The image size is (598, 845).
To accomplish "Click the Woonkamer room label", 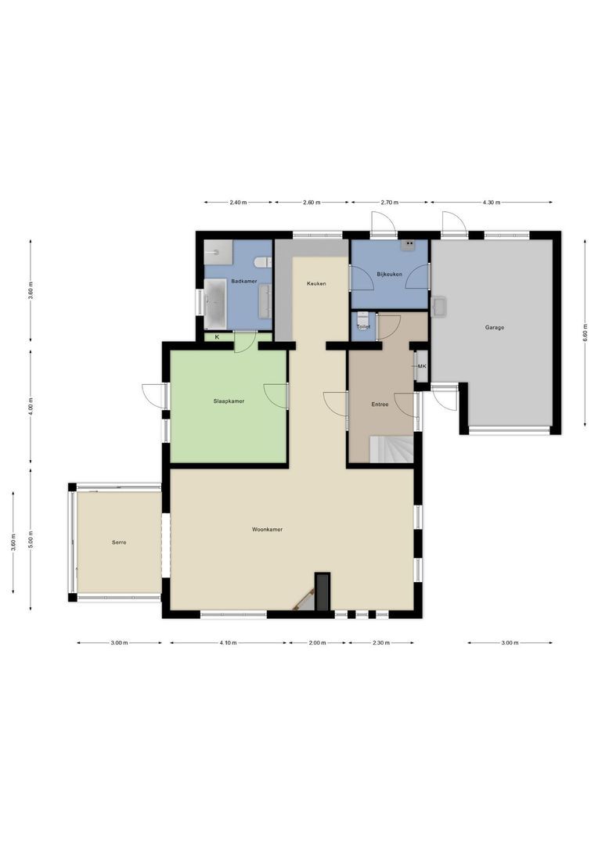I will tap(267, 530).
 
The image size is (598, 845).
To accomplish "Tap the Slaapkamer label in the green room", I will tap(229, 401).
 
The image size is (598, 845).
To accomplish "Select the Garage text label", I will tap(493, 328).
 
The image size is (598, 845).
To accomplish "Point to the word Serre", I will tap(118, 542).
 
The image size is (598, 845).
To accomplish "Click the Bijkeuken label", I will tap(388, 275).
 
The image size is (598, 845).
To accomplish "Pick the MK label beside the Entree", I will tap(422, 366).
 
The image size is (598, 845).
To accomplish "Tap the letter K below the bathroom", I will tap(217, 337).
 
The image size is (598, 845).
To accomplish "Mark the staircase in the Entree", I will tap(390, 450).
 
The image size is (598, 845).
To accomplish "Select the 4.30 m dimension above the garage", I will tap(491, 203).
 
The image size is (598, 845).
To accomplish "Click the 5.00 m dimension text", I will tap(31, 540).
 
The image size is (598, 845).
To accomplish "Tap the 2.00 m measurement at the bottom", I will tap(317, 643).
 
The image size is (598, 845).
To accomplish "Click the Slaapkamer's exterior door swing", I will tap(153, 396).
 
